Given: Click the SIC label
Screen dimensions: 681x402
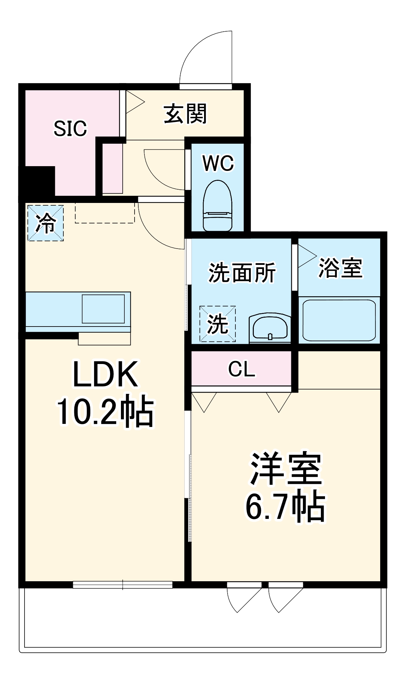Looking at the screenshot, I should (70, 128).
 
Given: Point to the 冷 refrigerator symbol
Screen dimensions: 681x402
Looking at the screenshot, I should (46, 223).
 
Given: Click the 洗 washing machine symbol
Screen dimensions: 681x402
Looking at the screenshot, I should (218, 324).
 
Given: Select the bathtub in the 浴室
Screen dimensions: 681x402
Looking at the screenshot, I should (339, 320).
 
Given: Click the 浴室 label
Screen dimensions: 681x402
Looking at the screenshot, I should (340, 268).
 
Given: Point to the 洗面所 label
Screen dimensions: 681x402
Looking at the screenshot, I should (242, 272).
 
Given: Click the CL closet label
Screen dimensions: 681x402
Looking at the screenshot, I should (242, 369).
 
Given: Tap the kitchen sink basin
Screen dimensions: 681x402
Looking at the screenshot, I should (103, 309).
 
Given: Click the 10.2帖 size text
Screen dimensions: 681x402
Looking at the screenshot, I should (105, 411).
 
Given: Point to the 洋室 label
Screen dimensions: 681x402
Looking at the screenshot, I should (286, 469).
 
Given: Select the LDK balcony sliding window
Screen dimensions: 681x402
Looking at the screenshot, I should (123, 585).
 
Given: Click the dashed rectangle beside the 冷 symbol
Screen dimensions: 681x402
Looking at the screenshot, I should (105, 213).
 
